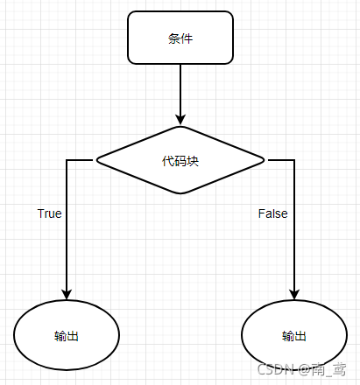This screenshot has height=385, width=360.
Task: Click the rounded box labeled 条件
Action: tap(180, 38)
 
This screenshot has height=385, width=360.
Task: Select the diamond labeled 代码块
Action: tap(180, 160)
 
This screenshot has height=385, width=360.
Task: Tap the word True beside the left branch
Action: tap(49, 213)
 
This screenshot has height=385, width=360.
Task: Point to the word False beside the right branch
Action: tap(272, 213)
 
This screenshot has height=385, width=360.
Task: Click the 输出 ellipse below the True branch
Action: tap(67, 336)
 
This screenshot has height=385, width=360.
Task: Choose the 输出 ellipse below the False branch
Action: tap(294, 336)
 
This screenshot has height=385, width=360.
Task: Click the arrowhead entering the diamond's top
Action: tap(180, 119)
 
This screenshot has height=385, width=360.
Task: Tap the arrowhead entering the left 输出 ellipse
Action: tap(67, 294)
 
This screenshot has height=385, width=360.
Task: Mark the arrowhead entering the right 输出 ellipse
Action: tap(294, 294)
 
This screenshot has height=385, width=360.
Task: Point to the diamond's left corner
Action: tap(97, 160)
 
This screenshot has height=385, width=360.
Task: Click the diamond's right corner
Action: tap(264, 160)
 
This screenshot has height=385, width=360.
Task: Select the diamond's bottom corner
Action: tap(180, 193)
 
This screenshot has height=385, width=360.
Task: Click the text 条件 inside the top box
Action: tap(180, 38)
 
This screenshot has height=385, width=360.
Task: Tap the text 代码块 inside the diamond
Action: tap(180, 161)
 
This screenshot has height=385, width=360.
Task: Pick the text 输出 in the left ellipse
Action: tap(67, 337)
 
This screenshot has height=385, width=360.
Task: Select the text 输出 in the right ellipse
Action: tap(294, 337)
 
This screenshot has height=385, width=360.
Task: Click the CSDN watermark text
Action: tap(303, 370)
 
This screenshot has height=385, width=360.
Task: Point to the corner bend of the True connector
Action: tap(67, 160)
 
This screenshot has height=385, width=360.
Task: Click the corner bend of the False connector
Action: tap(294, 160)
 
